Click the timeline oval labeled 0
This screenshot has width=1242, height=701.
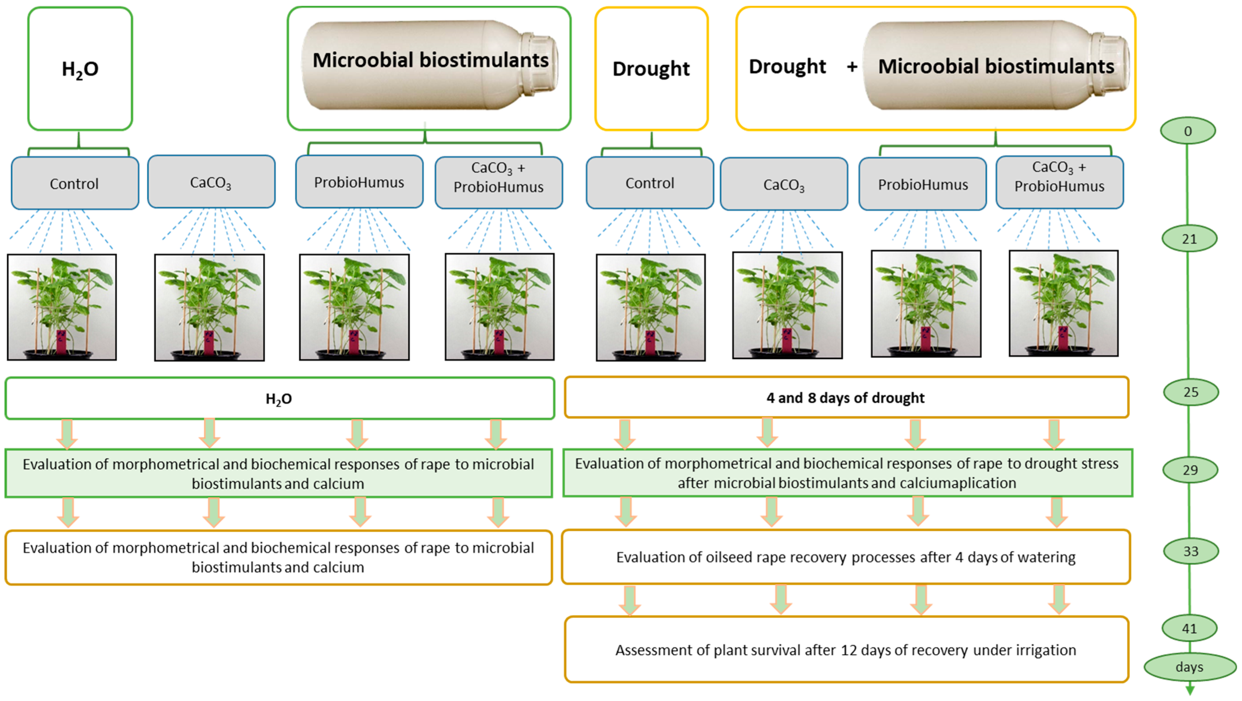(x=1187, y=131)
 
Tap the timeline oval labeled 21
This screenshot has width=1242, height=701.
(x=1189, y=239)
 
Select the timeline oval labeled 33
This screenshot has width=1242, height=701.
(x=1190, y=551)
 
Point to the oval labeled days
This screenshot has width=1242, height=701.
(x=1189, y=667)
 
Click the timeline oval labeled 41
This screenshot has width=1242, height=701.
(x=1189, y=628)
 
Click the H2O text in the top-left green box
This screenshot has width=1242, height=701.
(x=80, y=69)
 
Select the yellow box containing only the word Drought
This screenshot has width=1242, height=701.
(x=651, y=69)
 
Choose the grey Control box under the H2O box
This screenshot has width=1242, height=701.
(x=75, y=183)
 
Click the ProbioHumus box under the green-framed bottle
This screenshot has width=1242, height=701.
(x=359, y=182)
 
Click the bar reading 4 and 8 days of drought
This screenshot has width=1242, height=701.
(x=846, y=398)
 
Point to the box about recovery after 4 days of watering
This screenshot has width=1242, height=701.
(x=846, y=557)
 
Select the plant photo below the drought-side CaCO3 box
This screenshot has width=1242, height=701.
(x=787, y=305)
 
